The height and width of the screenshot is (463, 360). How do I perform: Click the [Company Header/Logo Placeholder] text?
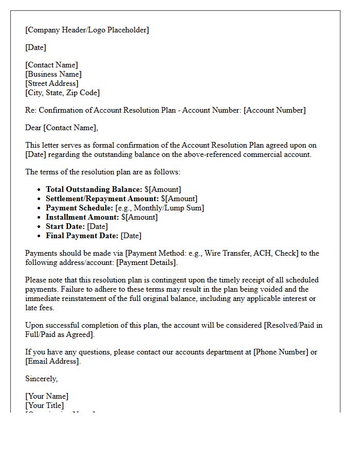coord(87,30)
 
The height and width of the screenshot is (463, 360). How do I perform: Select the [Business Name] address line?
coord(53,74)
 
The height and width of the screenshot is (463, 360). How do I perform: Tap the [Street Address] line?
coord(51,83)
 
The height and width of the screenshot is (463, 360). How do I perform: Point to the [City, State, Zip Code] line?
coord(62,93)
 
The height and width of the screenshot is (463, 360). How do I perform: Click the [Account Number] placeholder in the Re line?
coord(276,110)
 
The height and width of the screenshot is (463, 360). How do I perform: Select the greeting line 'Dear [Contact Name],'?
coord(61,128)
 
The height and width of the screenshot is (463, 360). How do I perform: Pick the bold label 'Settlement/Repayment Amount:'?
coord(102,199)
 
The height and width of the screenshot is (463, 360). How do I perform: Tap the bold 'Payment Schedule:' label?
coord(80,208)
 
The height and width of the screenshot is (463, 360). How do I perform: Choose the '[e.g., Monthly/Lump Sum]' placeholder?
coord(159,208)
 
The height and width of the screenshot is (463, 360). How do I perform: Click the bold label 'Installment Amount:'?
coord(82,217)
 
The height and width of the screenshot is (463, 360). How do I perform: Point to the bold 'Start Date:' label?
coord(65,226)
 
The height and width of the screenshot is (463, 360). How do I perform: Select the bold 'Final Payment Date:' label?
coord(82,236)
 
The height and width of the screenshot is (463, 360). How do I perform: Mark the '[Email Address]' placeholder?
coord(52,361)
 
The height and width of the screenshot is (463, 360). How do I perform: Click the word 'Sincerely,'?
coord(42,379)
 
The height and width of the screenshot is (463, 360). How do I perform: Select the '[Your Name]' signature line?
coord(47,396)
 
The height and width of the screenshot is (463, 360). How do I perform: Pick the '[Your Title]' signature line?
coord(45,405)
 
